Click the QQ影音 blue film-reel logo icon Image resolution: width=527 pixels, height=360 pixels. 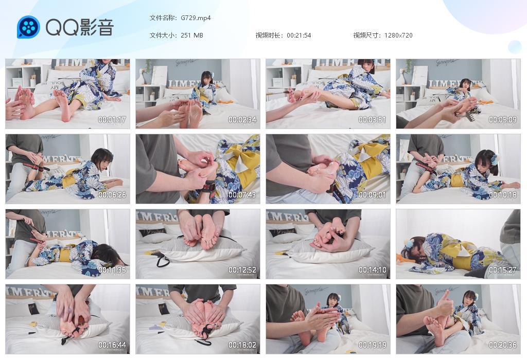tap(28, 27)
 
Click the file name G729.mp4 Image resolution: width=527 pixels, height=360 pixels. tap(196, 17)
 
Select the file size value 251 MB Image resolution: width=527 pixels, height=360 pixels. tap(192, 35)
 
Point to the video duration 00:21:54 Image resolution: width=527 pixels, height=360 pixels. tap(299, 35)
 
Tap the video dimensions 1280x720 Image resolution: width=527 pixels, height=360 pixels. tap(398, 35)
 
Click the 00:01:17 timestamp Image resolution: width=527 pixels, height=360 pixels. tap(112, 120)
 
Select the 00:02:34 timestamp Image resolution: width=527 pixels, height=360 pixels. tap(242, 120)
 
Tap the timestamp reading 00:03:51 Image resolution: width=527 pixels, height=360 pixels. tap(373, 120)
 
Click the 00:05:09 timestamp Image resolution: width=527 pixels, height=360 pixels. tap(503, 120)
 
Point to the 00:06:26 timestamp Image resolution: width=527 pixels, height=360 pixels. tap(112, 195)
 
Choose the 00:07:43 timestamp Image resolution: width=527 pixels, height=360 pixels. tap(242, 195)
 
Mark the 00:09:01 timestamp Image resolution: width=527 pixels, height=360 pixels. tap(373, 195)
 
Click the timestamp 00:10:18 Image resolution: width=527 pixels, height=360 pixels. tap(503, 195)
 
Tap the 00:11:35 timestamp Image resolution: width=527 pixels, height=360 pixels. tap(112, 271)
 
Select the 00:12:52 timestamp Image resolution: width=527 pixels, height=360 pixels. tap(242, 271)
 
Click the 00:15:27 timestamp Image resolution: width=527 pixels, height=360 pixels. tap(503, 271)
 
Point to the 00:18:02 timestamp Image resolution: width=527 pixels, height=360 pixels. tap(242, 346)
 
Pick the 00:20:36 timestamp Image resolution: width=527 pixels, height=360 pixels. tap(503, 346)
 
